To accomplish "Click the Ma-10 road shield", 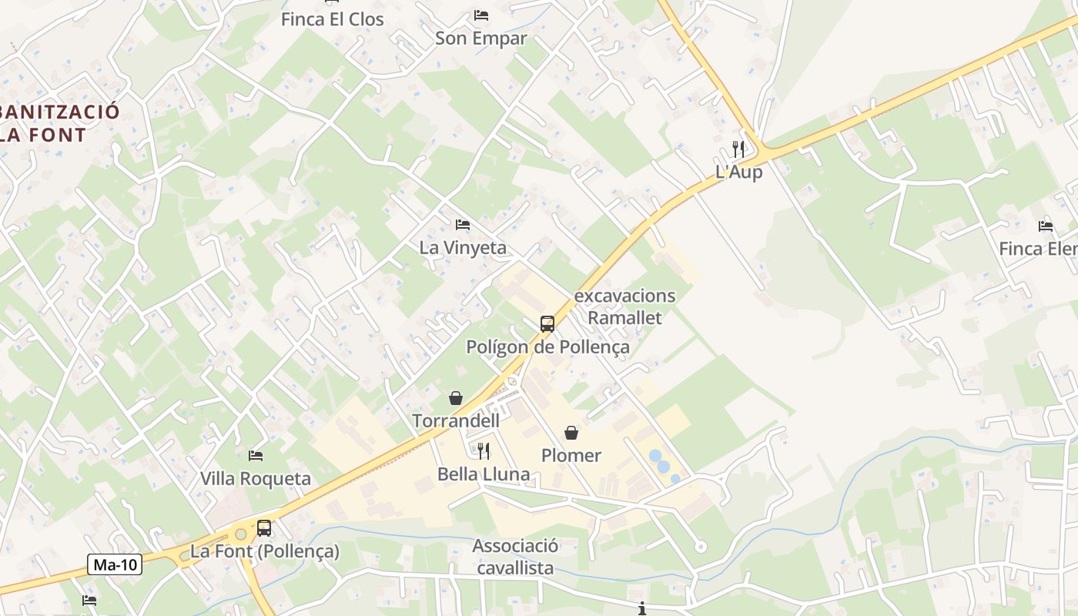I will click(115, 564).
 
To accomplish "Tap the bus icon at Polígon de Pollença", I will click(547, 323).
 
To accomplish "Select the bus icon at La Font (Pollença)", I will click(264, 528).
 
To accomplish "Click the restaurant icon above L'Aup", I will click(738, 149).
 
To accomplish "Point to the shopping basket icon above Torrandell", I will click(456, 398).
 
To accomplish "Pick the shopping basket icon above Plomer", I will click(571, 433).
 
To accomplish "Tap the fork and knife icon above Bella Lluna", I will click(484, 450).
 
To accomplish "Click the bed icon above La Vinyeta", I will click(463, 225).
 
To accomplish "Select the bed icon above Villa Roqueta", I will click(256, 456).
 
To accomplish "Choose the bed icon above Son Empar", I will click(481, 15).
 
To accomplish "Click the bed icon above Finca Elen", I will click(1046, 226).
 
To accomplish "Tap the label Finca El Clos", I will click(332, 19).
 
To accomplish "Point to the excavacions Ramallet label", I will click(624, 306).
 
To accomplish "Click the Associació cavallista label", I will click(515, 557).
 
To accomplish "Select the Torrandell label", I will click(456, 420).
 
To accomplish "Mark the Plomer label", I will click(571, 455).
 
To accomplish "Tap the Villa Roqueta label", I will click(256, 478).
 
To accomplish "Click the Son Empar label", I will click(481, 38).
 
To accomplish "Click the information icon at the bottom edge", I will click(642, 609).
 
